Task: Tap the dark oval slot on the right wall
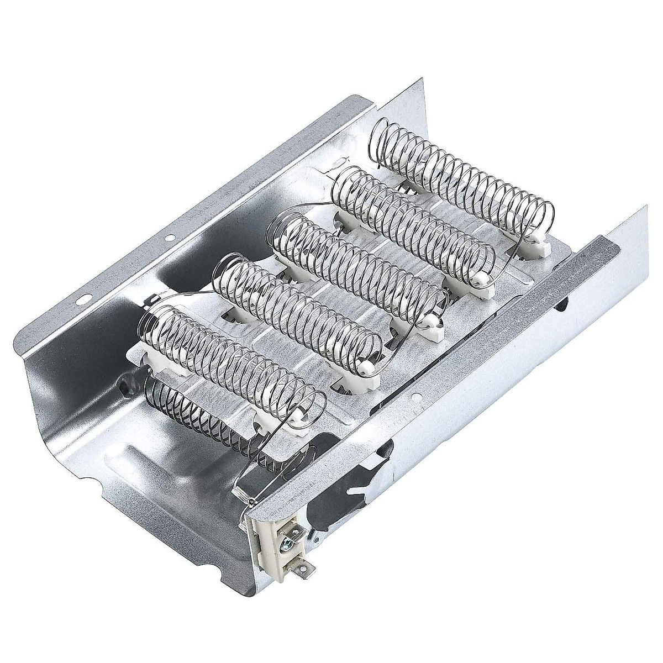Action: point(561,301)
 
